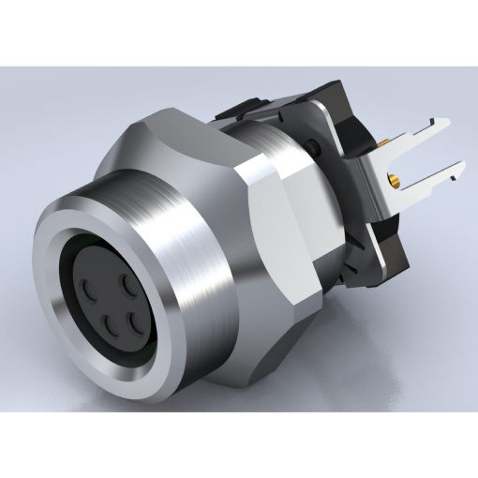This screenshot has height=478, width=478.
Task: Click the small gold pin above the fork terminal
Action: click(x=383, y=143)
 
